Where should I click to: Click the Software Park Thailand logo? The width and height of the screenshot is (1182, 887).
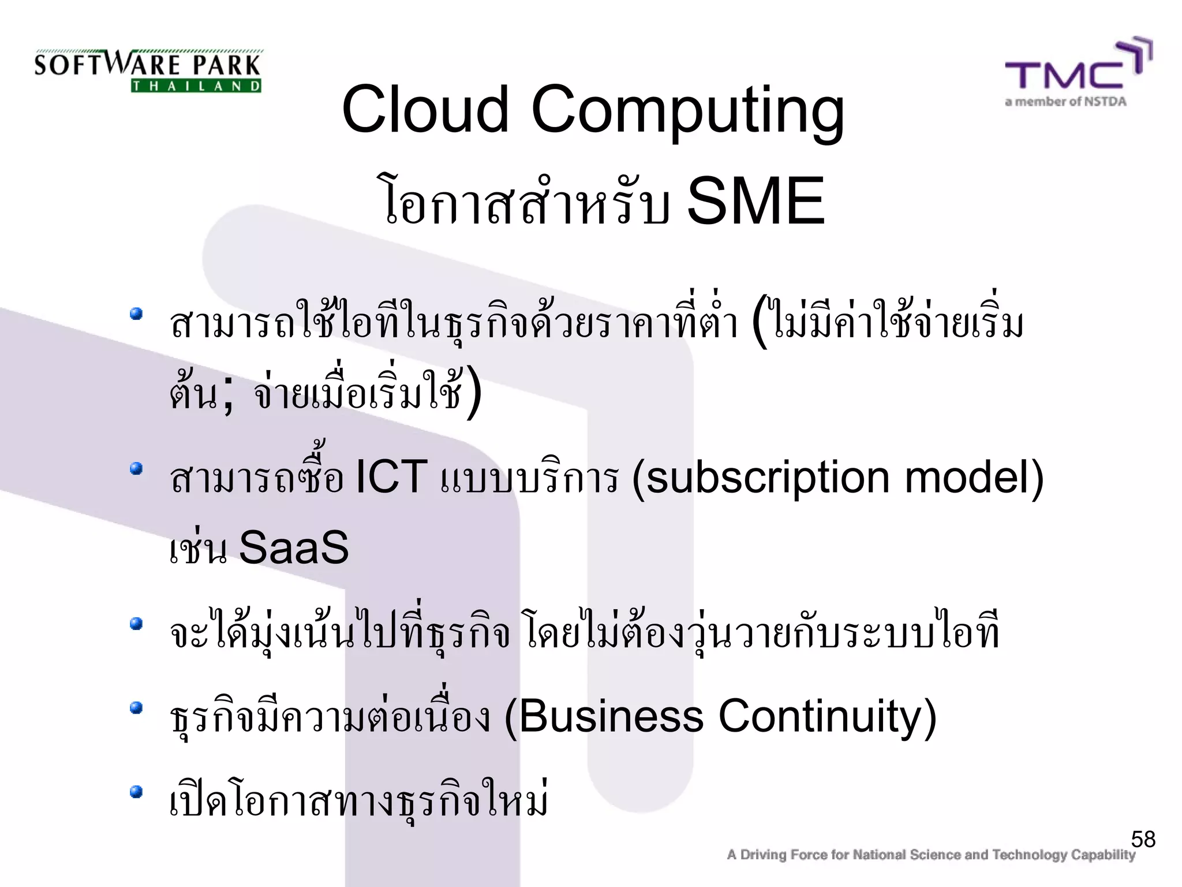coord(148,70)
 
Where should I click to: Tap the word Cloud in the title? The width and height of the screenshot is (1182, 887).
coord(425,109)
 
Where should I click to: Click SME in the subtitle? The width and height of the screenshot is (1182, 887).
coord(756,202)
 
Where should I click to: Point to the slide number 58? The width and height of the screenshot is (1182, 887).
coord(1143,839)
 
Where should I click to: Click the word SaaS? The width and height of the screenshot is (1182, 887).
coord(294,547)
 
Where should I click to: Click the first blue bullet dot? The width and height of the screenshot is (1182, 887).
coord(136,314)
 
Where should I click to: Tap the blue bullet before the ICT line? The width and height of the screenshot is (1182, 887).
coord(136,468)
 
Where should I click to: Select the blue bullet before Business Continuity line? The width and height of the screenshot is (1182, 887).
coord(136,707)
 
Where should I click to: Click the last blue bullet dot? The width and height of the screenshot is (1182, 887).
coord(136,791)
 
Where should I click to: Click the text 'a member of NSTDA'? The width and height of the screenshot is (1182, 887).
coord(1065,102)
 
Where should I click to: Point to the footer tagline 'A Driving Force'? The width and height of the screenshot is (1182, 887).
coord(930,855)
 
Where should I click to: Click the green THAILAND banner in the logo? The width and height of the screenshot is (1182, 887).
coord(196,87)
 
